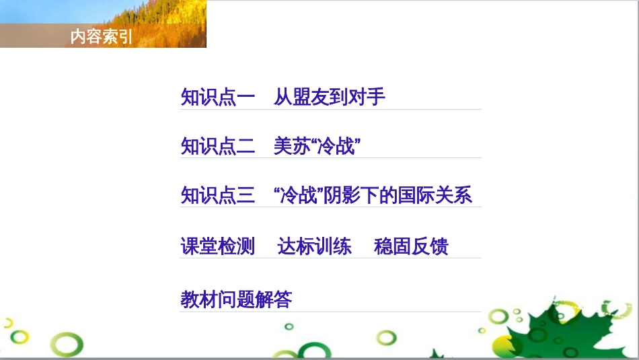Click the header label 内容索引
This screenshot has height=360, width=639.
pyautogui.click(x=102, y=38)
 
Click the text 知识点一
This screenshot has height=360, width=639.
pyautogui.click(x=218, y=98)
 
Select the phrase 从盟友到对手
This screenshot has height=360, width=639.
pyautogui.click(x=330, y=98)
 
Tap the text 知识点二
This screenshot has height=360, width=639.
pyautogui.click(x=218, y=146)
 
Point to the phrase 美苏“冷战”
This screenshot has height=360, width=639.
pyautogui.click(x=313, y=146)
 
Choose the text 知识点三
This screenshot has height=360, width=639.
pyautogui.click(x=218, y=195)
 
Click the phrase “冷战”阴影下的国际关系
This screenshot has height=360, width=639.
pyautogui.click(x=373, y=195)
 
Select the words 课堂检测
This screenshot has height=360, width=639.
pyautogui.click(x=218, y=246)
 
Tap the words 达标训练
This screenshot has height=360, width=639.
pyautogui.click(x=314, y=246)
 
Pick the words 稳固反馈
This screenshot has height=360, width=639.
pyautogui.click(x=411, y=246)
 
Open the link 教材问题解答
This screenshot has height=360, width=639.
pyautogui.click(x=236, y=299)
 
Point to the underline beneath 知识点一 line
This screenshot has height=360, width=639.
pyautogui.click(x=330, y=109)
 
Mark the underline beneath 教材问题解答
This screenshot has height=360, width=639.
pyautogui.click(x=330, y=311)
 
